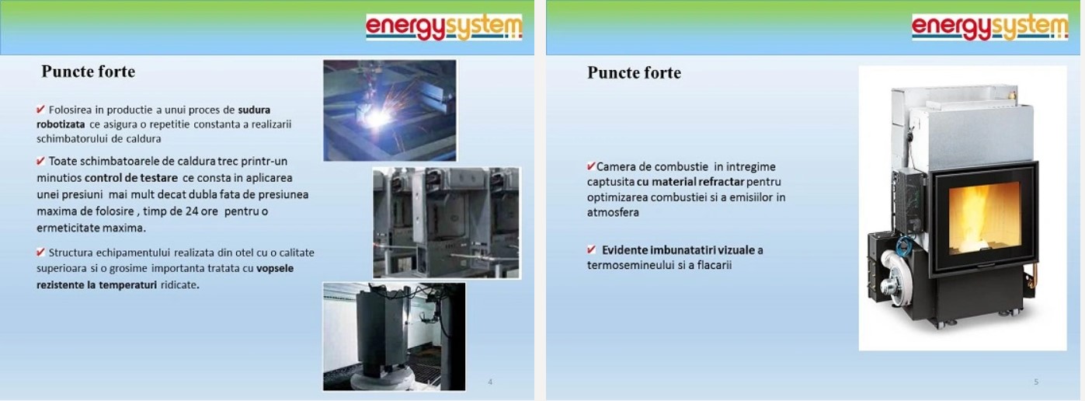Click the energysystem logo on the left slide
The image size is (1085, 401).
click(x=443, y=27)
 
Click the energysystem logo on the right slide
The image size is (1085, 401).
click(x=989, y=27)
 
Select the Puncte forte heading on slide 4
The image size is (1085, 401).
click(x=89, y=71)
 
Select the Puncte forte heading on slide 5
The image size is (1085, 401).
click(x=634, y=72)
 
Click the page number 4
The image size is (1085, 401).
click(x=490, y=382)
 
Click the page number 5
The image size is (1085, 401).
click(x=1036, y=382)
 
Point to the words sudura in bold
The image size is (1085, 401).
click(x=254, y=110)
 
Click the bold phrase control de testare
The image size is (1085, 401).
click(x=131, y=178)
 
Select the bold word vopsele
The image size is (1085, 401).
click(x=275, y=269)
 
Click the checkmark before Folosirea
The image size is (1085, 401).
click(x=40, y=109)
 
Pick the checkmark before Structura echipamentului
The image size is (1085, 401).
click(x=40, y=252)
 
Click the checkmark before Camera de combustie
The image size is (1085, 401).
click(x=591, y=166)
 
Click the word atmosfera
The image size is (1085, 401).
click(x=613, y=212)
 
